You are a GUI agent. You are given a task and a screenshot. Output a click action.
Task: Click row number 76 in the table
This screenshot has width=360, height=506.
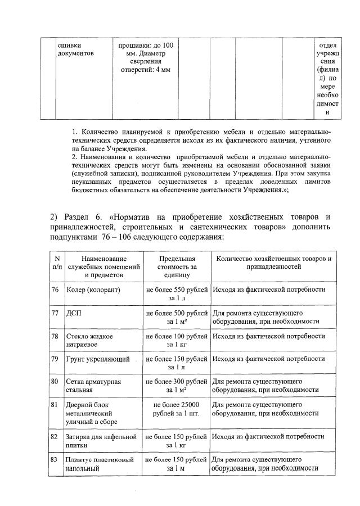click(55, 290)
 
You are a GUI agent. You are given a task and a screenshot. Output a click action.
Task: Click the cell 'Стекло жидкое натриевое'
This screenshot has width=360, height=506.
click(90, 340)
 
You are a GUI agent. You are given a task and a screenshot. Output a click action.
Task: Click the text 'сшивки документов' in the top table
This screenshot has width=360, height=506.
click(76, 49)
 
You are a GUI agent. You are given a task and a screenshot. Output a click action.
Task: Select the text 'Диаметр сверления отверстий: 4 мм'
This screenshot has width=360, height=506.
click(146, 61)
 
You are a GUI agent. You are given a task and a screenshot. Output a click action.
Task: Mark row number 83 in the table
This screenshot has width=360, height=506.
click(55, 460)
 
